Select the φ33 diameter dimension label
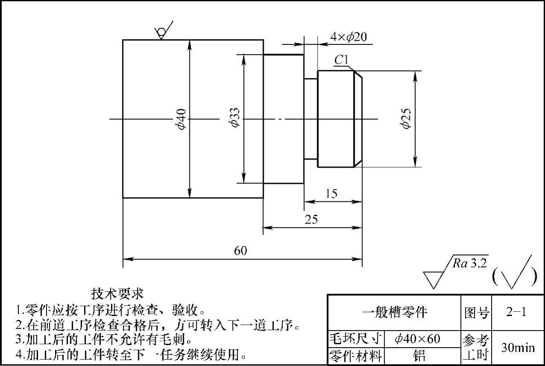[x=234, y=117]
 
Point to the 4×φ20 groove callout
[x=348, y=37]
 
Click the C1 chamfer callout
[x=341, y=60]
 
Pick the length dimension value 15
[x=331, y=194]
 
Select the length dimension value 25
[x=311, y=219]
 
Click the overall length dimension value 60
[x=241, y=250]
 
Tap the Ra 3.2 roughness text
[x=469, y=263]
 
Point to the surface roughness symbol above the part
[x=163, y=30]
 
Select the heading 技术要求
[x=117, y=293]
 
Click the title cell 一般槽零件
[x=394, y=313]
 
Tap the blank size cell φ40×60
[x=417, y=340]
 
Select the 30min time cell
[x=518, y=348]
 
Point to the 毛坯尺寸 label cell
[x=355, y=340]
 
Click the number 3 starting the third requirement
[x=18, y=340]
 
